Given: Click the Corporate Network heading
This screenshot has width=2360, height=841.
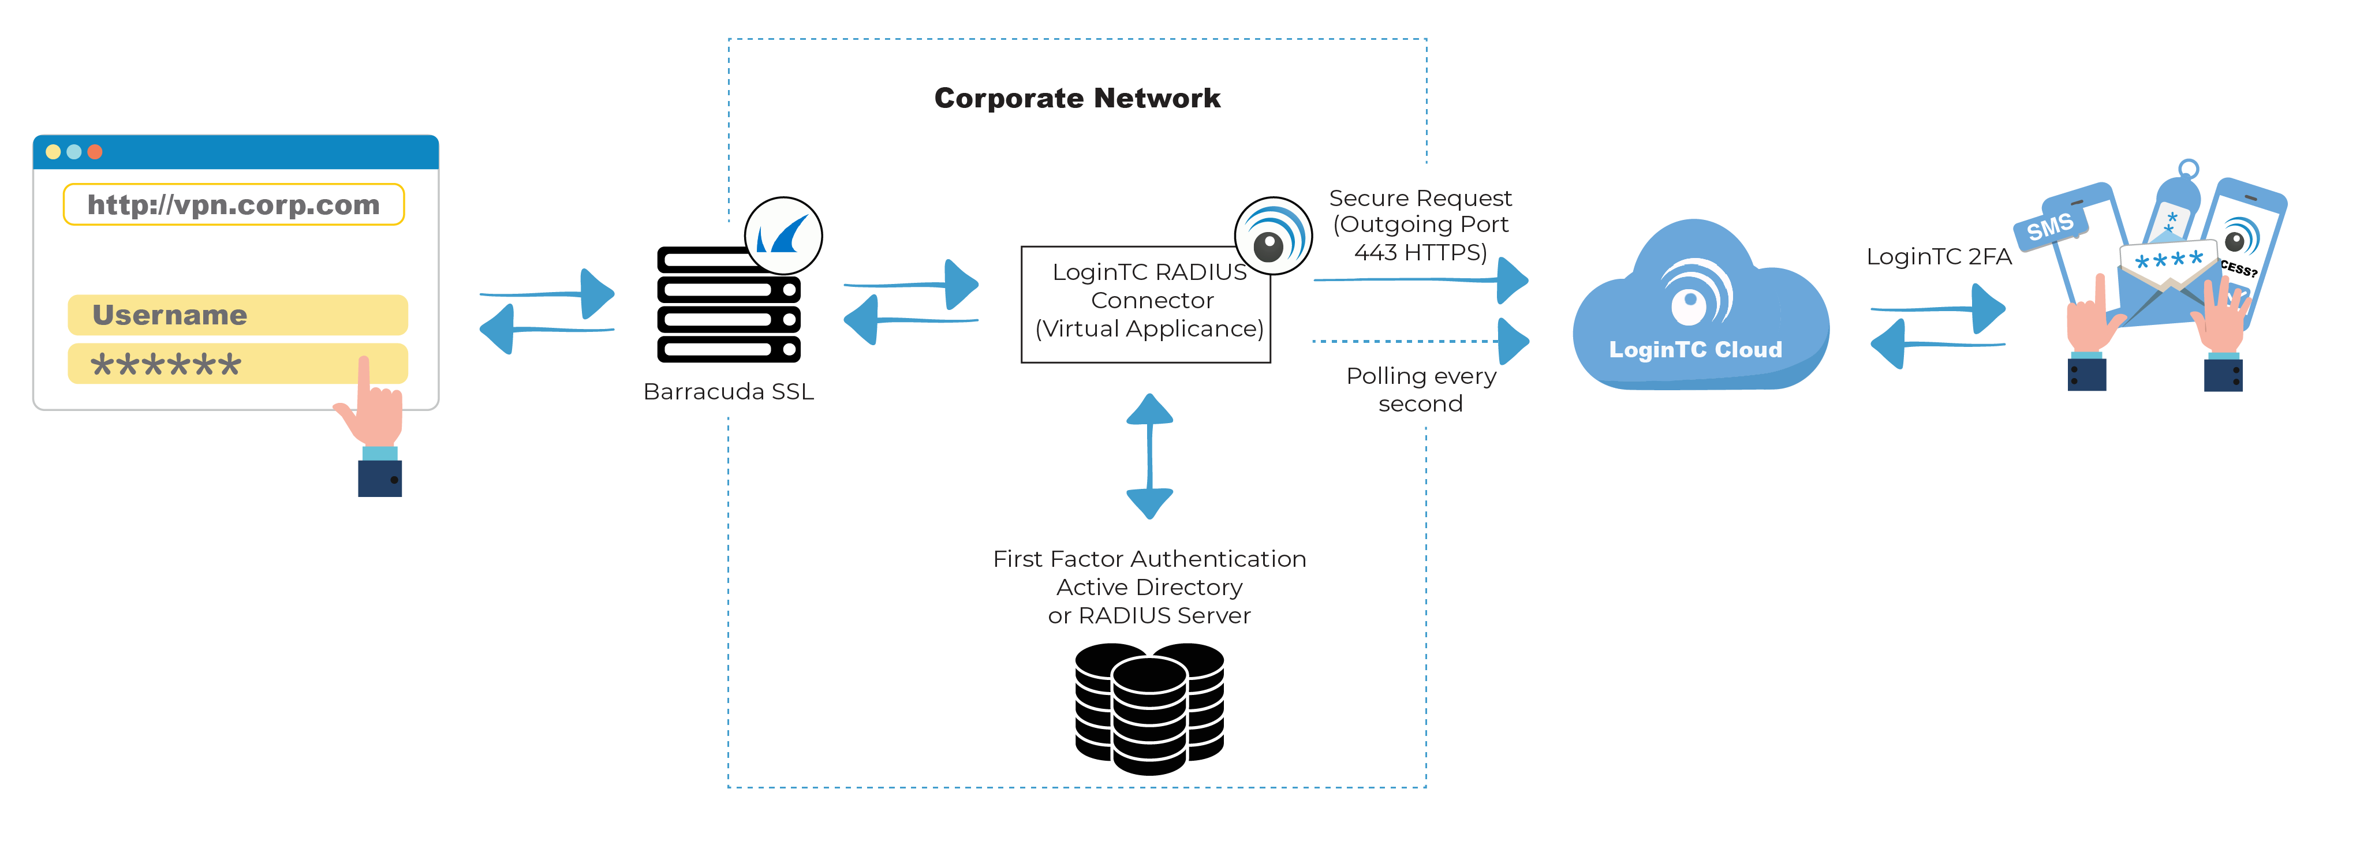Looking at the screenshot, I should coord(1077,98).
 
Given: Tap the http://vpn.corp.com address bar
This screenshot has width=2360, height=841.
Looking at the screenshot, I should coord(234,204).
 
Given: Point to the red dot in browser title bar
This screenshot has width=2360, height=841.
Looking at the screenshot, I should coord(94,152).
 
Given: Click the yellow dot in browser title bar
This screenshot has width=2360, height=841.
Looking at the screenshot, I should coord(53,152).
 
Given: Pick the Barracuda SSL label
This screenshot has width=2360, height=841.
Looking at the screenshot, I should coord(729,392).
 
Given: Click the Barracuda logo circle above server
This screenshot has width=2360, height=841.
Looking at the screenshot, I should coord(783,236).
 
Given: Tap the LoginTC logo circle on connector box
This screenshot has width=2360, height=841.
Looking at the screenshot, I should coord(1274,236).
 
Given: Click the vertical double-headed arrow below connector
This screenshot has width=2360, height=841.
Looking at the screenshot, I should coord(1150,456).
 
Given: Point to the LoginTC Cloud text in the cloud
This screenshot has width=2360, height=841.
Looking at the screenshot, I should coord(1695,350).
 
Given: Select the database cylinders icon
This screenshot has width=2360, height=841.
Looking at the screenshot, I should coord(1150,707).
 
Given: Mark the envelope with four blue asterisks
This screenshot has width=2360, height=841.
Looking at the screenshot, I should coord(2168,275).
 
